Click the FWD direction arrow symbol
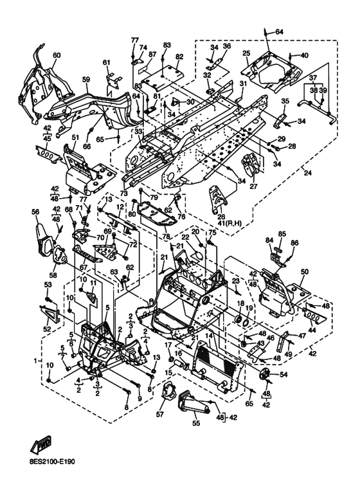click(x=41, y=444)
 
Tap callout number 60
click(x=57, y=55)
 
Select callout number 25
click(x=247, y=53)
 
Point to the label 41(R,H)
click(x=229, y=224)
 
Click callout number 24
click(x=308, y=173)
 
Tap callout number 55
click(x=196, y=423)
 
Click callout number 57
click(x=160, y=414)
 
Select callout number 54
click(x=283, y=375)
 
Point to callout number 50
click(x=304, y=272)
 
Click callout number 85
click(x=282, y=234)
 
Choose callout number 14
click(x=209, y=335)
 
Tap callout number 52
click(x=47, y=329)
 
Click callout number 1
click(x=35, y=361)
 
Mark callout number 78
click(x=166, y=237)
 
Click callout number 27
click(x=253, y=186)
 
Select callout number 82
click(x=179, y=57)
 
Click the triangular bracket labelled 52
click(x=50, y=313)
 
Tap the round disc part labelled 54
click(x=264, y=374)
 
